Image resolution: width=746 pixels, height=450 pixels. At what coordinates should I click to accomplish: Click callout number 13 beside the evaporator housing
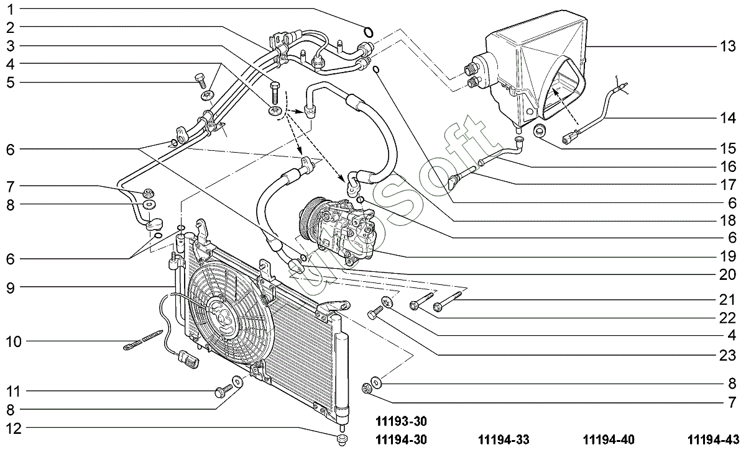coord(727,46)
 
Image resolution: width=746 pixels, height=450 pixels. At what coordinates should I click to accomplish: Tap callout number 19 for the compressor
coord(727,256)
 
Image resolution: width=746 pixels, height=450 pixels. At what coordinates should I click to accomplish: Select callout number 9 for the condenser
coord(11,288)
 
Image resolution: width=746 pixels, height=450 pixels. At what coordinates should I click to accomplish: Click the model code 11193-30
coord(401,421)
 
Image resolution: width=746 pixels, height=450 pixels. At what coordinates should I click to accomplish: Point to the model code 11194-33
coord(504,440)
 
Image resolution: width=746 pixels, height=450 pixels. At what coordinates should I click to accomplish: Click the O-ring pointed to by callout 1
coord(368,32)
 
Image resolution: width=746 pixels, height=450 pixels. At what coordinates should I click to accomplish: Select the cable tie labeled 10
coord(143,340)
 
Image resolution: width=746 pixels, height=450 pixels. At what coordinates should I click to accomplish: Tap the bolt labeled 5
coord(200,80)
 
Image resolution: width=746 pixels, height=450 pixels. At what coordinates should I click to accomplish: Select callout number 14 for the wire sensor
coord(727,118)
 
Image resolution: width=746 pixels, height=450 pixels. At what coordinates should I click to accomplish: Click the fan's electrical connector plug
coord(189,359)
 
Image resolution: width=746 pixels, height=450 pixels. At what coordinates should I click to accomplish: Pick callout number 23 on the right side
coord(727,356)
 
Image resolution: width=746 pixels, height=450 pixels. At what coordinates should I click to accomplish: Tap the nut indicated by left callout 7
coord(148,193)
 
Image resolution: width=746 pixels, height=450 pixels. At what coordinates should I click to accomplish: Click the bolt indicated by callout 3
coord(275,92)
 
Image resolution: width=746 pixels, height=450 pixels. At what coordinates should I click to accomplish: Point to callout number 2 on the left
coord(11,28)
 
